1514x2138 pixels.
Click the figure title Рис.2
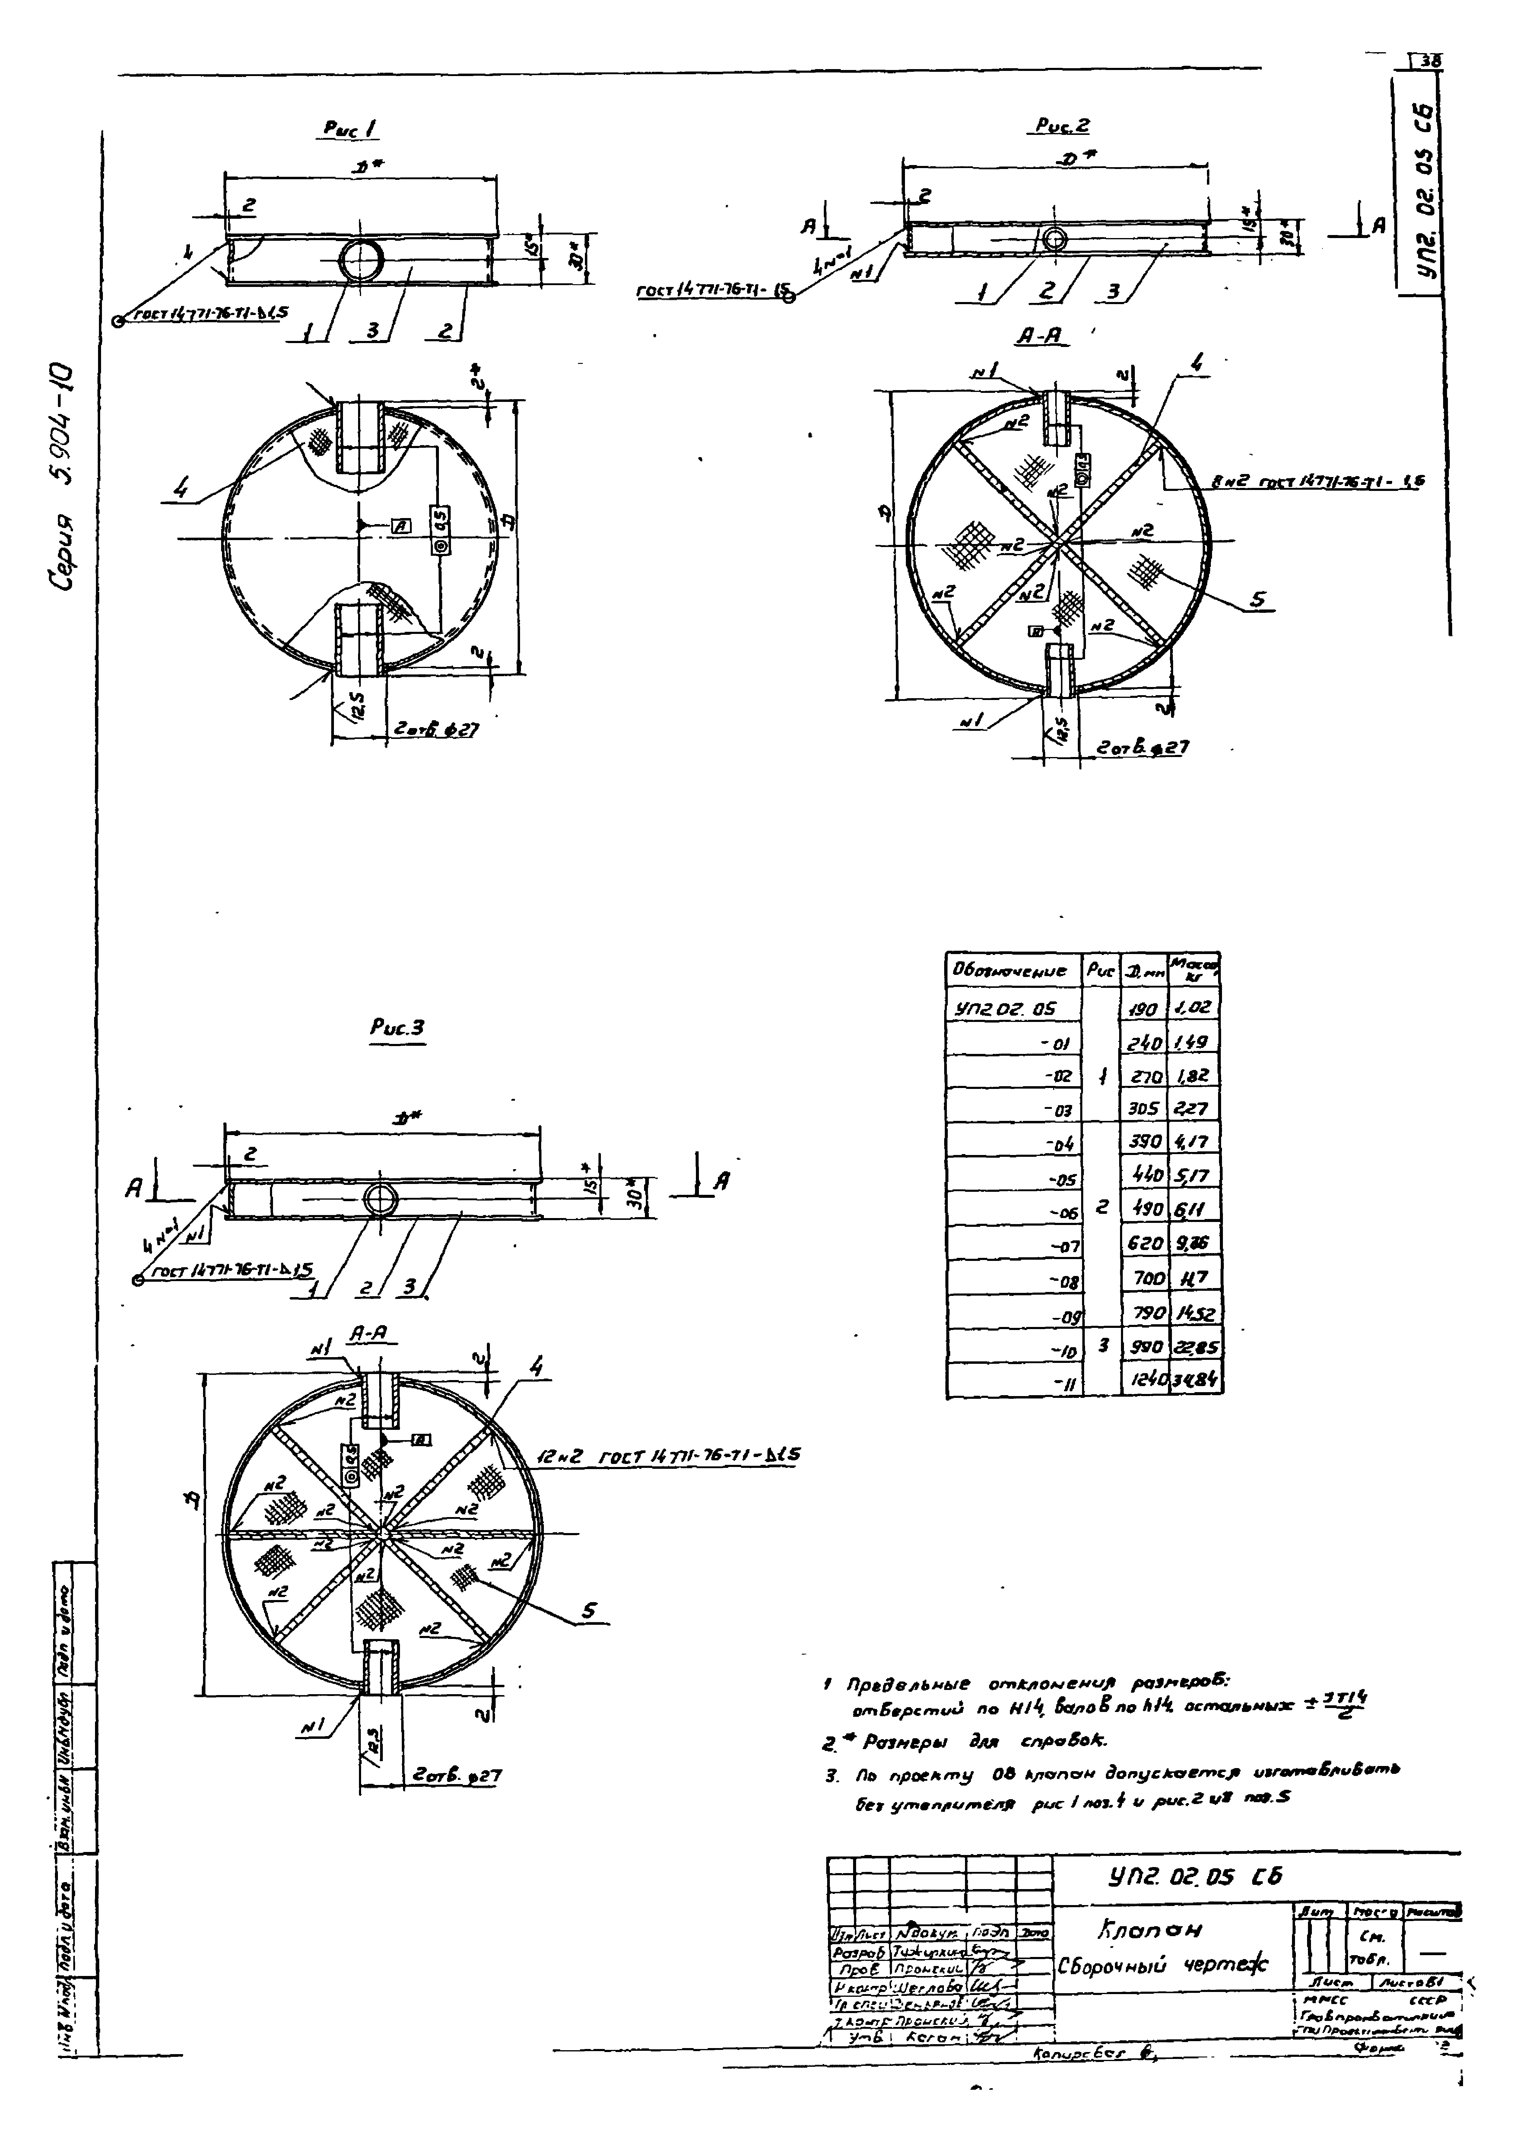[1062, 126]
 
